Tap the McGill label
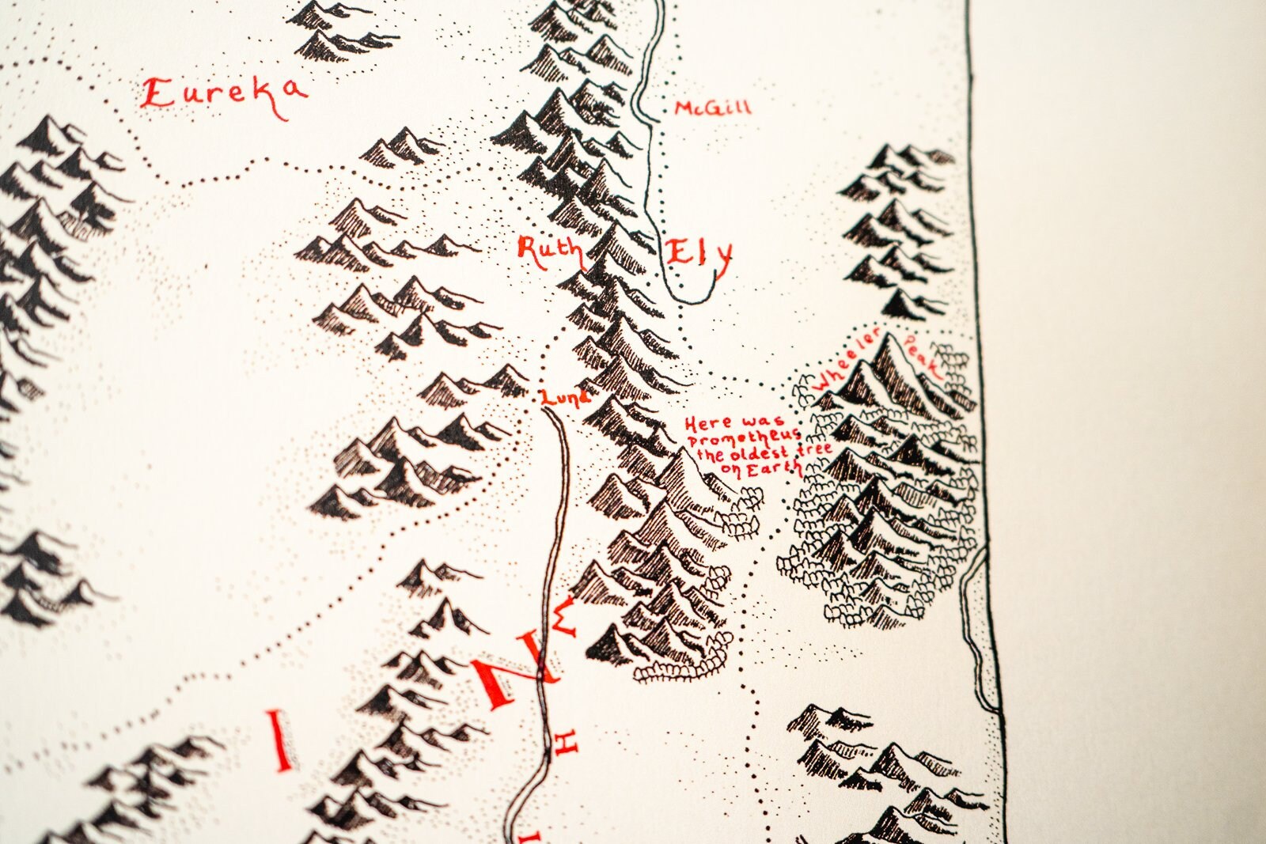[x=712, y=108]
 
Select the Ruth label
[x=548, y=250]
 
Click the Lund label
[x=565, y=397]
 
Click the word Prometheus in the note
[x=745, y=438]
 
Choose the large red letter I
[x=278, y=739]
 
